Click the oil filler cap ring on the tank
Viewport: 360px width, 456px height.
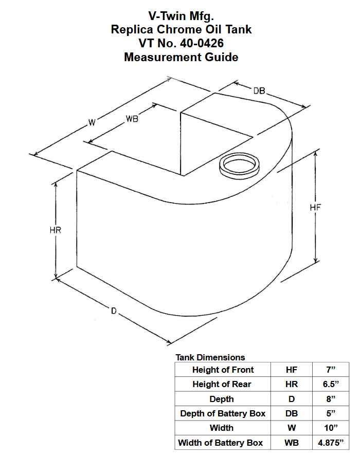click(239, 166)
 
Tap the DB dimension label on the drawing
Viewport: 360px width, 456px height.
click(259, 91)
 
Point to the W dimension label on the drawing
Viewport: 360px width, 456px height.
click(92, 122)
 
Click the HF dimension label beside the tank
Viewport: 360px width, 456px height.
click(316, 208)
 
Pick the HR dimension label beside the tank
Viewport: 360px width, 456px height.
click(56, 230)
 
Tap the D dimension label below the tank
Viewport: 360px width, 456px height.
click(114, 310)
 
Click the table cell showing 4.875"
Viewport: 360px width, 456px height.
click(331, 443)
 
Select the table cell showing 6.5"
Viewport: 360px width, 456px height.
click(331, 384)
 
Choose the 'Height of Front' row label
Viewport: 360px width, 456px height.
click(223, 370)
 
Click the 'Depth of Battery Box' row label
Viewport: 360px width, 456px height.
click(223, 413)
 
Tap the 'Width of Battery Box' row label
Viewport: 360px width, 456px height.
click(221, 443)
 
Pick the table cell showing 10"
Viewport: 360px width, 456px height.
click(331, 428)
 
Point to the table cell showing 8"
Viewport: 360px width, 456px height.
click(331, 399)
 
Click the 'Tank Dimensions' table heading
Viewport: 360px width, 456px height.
click(210, 357)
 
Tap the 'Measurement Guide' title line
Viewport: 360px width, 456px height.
click(181, 57)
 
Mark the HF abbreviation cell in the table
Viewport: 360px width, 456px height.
click(291, 370)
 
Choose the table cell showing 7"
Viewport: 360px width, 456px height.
click(331, 370)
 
